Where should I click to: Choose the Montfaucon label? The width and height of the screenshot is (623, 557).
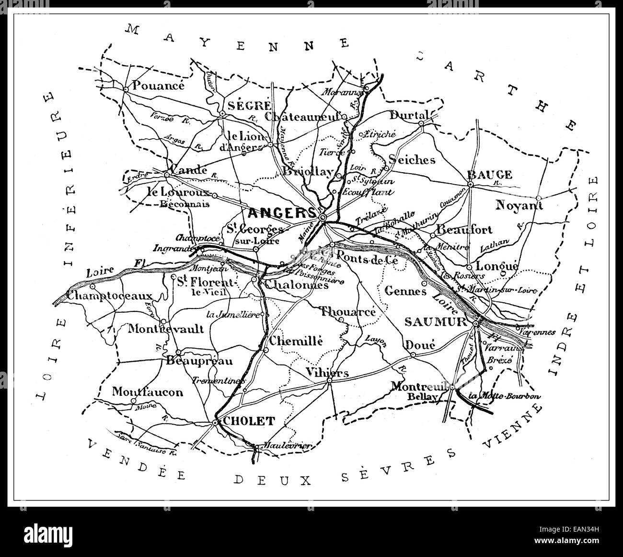[148, 392]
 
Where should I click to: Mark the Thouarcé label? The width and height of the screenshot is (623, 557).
[347, 311]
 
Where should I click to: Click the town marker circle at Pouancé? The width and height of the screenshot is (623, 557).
[125, 89]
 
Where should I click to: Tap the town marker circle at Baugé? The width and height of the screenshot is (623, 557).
[471, 184]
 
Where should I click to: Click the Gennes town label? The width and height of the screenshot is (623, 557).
[405, 291]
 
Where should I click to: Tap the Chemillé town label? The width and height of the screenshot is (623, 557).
[296, 341]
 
